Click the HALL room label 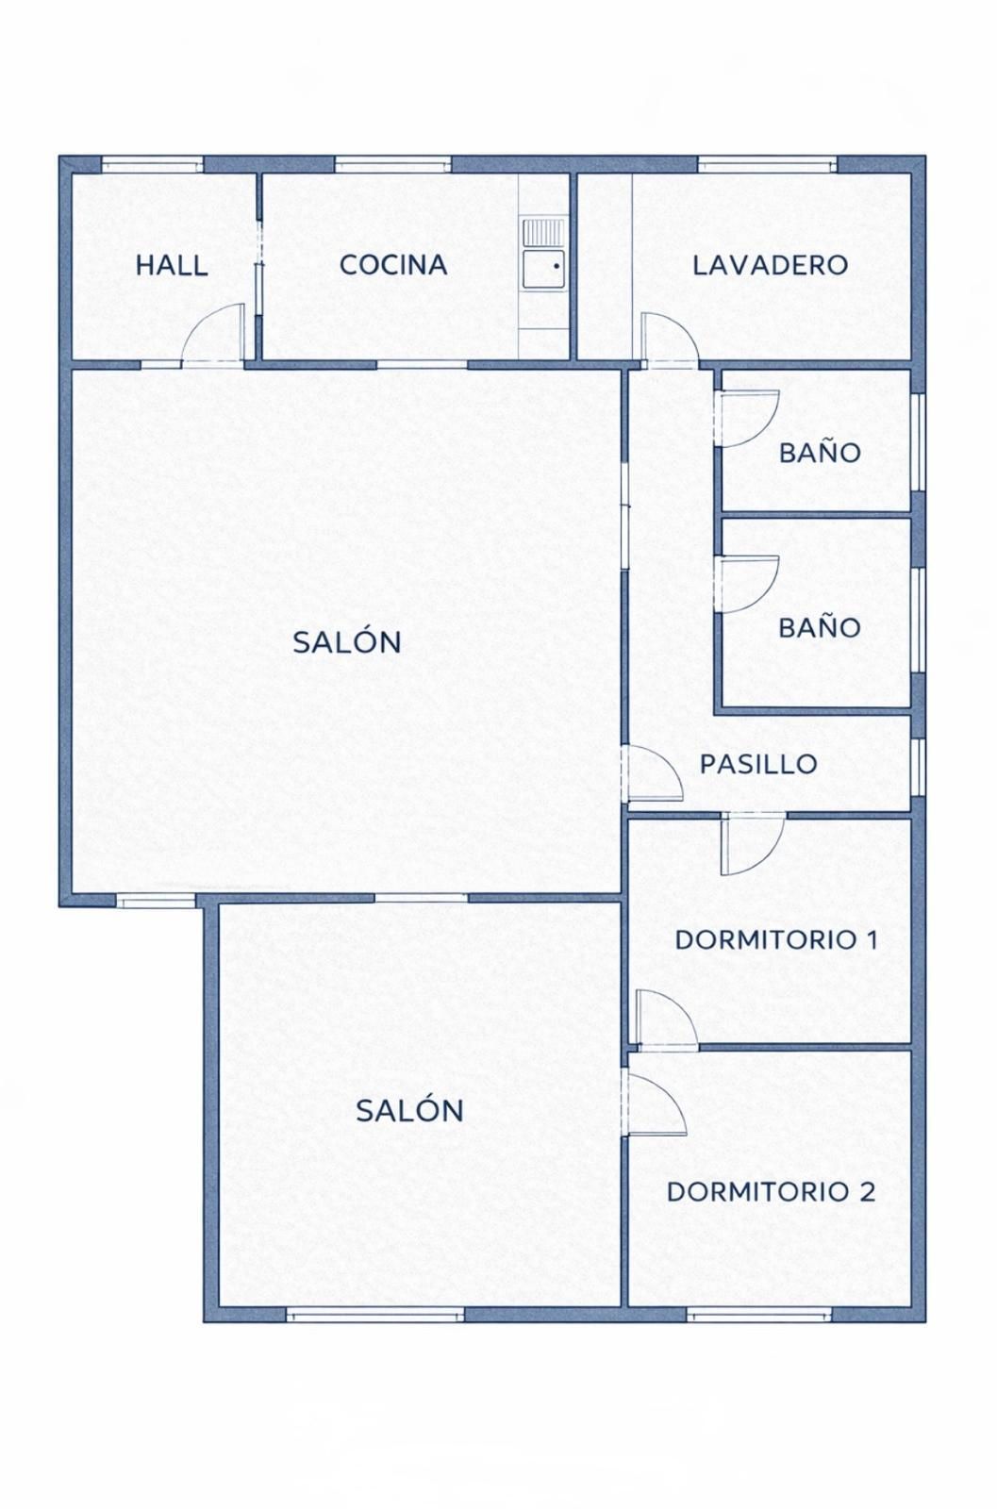click(x=172, y=265)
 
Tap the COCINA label click(x=393, y=265)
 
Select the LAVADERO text click(x=770, y=265)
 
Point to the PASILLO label click(x=758, y=764)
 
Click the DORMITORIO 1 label click(x=776, y=939)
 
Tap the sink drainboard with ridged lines click(x=543, y=232)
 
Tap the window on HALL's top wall click(x=152, y=164)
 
